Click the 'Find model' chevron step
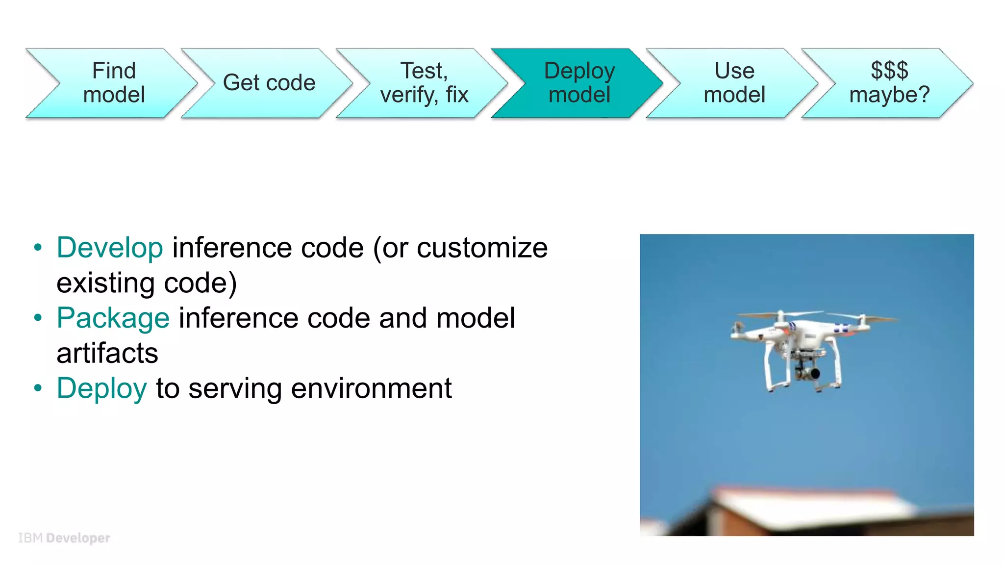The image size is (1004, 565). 114,83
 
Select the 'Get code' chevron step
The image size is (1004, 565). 269,83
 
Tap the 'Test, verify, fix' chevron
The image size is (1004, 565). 424,83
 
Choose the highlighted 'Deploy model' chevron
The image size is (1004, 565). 579,83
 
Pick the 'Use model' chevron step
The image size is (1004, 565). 734,83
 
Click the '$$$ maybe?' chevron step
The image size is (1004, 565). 889,83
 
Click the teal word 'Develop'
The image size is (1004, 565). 110,248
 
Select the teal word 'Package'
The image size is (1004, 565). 113,318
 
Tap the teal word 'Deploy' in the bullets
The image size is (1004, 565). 102,388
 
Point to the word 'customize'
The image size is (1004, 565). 482,248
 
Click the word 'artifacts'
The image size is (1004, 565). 107,353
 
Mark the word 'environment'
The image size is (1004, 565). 371,388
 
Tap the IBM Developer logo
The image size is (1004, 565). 64,538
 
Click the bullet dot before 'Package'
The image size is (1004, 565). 38,318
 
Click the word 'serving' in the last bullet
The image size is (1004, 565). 235,388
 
